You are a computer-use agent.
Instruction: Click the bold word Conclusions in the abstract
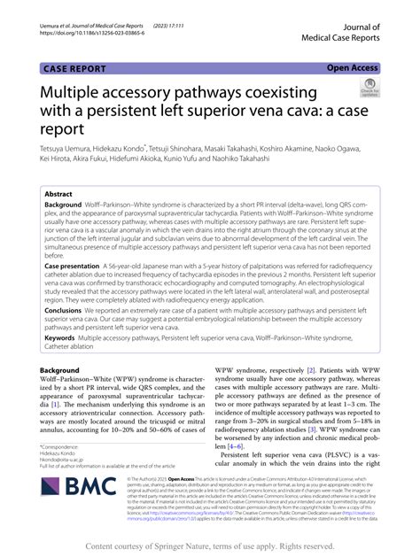(69, 310)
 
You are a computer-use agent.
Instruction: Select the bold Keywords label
(64, 337)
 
